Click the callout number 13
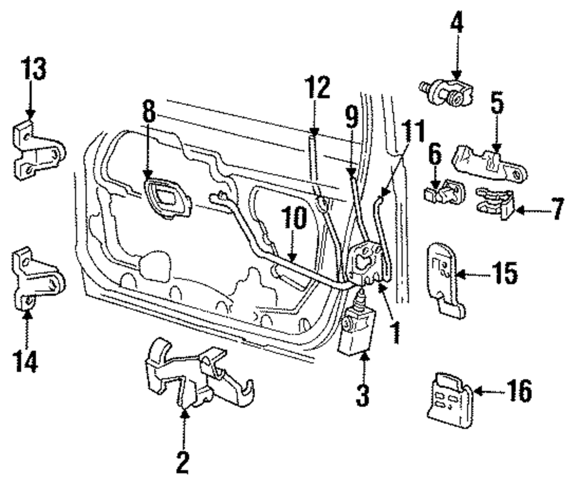click(x=33, y=68)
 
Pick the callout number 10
click(x=294, y=218)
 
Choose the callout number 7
click(x=558, y=209)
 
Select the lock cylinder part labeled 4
click(x=447, y=92)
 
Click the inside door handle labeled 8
click(x=168, y=198)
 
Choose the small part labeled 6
click(x=444, y=190)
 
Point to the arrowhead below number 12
click(x=314, y=132)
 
